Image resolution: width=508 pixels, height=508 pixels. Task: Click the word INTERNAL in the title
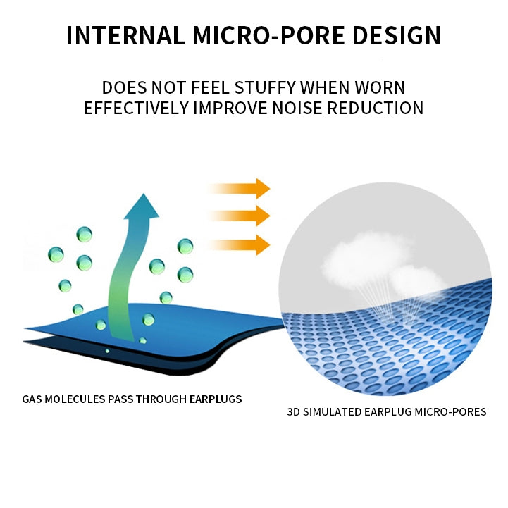tap(125, 35)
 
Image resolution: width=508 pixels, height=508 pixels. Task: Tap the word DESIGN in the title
tap(397, 35)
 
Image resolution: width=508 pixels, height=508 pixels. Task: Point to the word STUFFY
tap(265, 87)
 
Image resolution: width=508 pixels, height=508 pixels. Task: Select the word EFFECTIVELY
tap(137, 108)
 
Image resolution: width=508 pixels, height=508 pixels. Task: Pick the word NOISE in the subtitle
tap(297, 108)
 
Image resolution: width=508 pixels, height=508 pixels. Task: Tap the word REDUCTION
tap(375, 108)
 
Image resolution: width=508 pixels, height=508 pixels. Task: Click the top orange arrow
tap(239, 188)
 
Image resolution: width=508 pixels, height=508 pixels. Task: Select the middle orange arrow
tap(239, 216)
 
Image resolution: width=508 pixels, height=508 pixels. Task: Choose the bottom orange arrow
tap(239, 245)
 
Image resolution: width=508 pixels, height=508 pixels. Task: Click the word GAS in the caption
tap(32, 399)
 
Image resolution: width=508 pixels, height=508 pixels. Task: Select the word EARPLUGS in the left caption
tap(216, 399)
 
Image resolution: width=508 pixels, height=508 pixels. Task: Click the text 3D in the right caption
tap(294, 411)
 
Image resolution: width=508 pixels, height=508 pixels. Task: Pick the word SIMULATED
tap(332, 411)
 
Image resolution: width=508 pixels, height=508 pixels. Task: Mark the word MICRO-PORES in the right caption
tap(451, 411)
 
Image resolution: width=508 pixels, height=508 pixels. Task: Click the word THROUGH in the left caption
tap(161, 399)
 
